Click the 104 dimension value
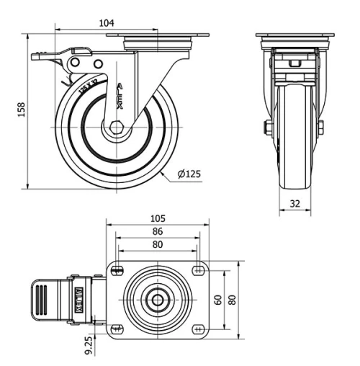(107, 23)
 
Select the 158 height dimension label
(22, 109)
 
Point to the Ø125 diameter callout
(189, 174)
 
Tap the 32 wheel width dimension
(295, 204)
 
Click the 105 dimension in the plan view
(158, 218)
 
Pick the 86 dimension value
(158, 232)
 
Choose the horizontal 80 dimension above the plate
(158, 245)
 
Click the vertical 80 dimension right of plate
(233, 299)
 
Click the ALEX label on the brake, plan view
(80, 298)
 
